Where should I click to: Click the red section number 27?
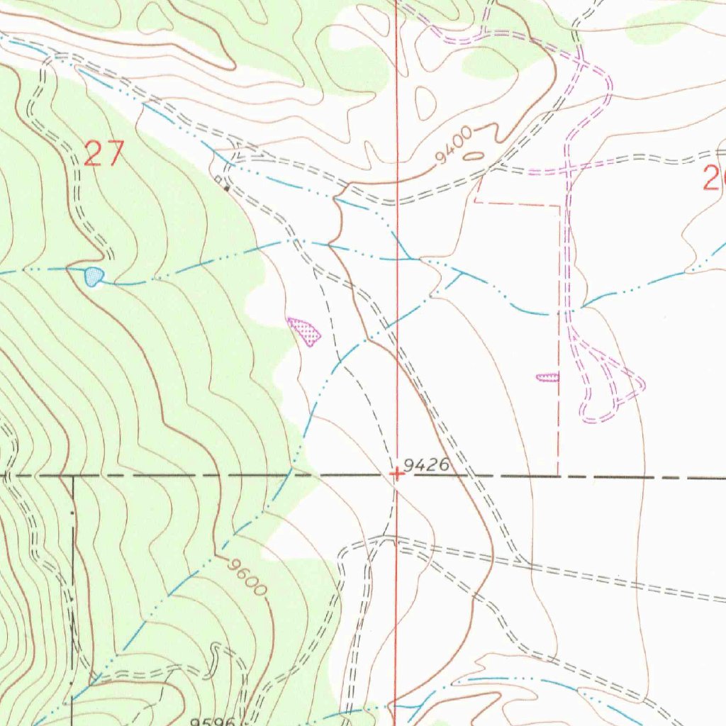[104, 154]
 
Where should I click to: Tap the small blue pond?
[93, 276]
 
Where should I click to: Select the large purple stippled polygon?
[305, 331]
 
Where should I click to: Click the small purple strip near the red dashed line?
[547, 378]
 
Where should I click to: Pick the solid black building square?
[226, 188]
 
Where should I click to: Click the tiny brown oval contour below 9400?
[474, 156]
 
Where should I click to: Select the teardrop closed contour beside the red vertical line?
[425, 103]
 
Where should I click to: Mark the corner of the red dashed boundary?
[559, 206]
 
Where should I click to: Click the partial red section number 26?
[713, 177]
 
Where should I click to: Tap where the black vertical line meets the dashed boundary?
[72, 476]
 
